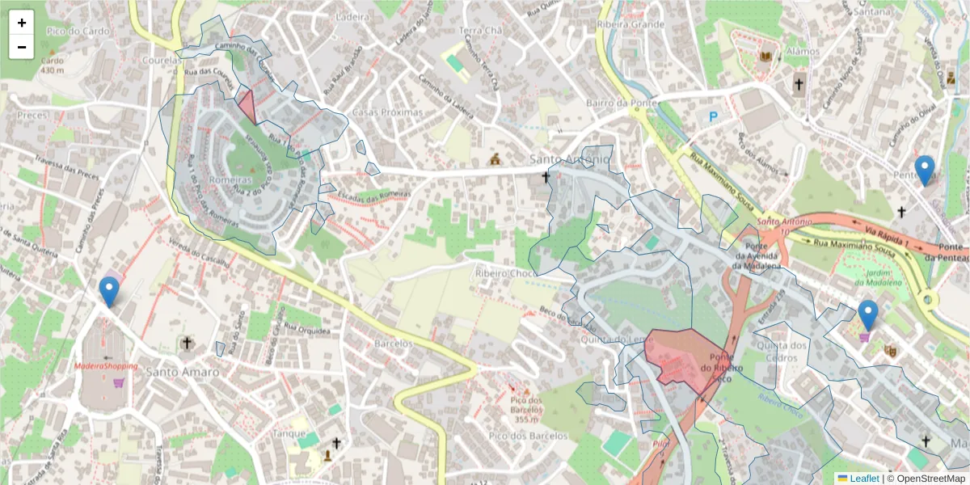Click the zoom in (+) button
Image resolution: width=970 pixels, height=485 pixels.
22,23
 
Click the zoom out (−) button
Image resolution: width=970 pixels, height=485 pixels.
22,47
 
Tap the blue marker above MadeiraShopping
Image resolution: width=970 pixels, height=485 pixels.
108,292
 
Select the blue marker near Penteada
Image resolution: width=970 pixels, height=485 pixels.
925,171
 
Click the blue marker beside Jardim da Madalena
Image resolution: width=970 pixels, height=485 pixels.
868,315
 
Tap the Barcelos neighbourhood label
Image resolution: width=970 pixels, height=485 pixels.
394,344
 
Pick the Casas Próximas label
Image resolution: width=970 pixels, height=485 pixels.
388,112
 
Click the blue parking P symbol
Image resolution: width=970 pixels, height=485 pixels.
713,117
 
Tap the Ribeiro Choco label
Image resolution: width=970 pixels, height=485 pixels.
507,273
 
